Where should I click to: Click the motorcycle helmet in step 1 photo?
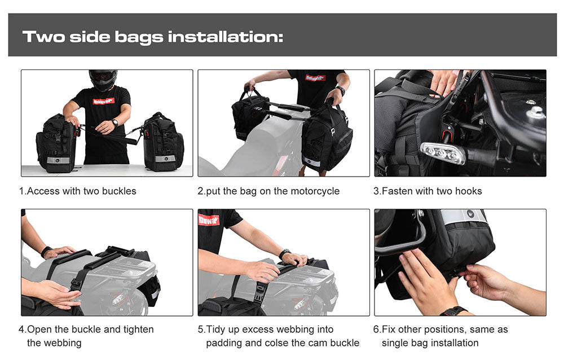point(103,80)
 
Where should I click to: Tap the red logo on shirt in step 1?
point(103,101)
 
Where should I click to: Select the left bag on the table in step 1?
point(56,144)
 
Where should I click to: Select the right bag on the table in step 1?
point(162,142)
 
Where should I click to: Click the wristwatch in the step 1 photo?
point(114,122)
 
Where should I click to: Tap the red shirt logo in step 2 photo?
point(315,78)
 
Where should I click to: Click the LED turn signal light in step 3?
point(442,152)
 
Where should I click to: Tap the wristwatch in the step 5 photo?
point(285,254)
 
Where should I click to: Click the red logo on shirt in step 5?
point(209,219)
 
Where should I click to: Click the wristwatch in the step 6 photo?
point(453,311)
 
